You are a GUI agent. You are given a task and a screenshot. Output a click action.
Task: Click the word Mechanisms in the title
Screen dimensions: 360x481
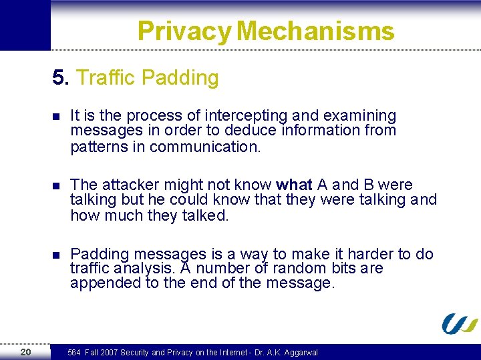[315, 31]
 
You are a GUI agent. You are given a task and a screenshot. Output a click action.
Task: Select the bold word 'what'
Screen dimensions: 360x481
[293, 185]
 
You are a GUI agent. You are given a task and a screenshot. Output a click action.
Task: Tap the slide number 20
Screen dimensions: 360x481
[25, 352]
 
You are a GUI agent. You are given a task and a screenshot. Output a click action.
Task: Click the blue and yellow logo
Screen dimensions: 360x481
[460, 323]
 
